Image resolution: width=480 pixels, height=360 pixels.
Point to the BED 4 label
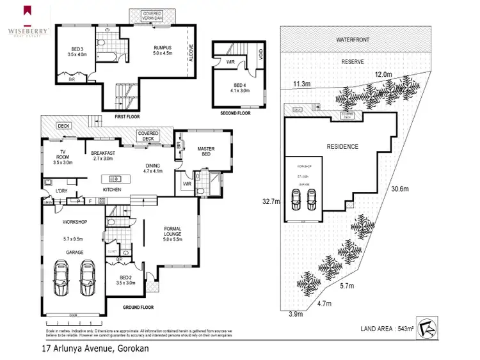tap(240, 86)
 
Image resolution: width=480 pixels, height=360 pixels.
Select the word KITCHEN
tap(112, 189)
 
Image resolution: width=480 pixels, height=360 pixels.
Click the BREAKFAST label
tap(102, 153)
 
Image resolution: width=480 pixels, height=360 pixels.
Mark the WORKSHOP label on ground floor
tap(74, 222)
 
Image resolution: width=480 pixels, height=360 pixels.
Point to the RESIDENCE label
tap(342, 146)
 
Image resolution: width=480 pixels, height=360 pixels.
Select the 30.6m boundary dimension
tap(401, 188)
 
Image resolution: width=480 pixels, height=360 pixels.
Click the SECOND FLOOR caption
tap(237, 114)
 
